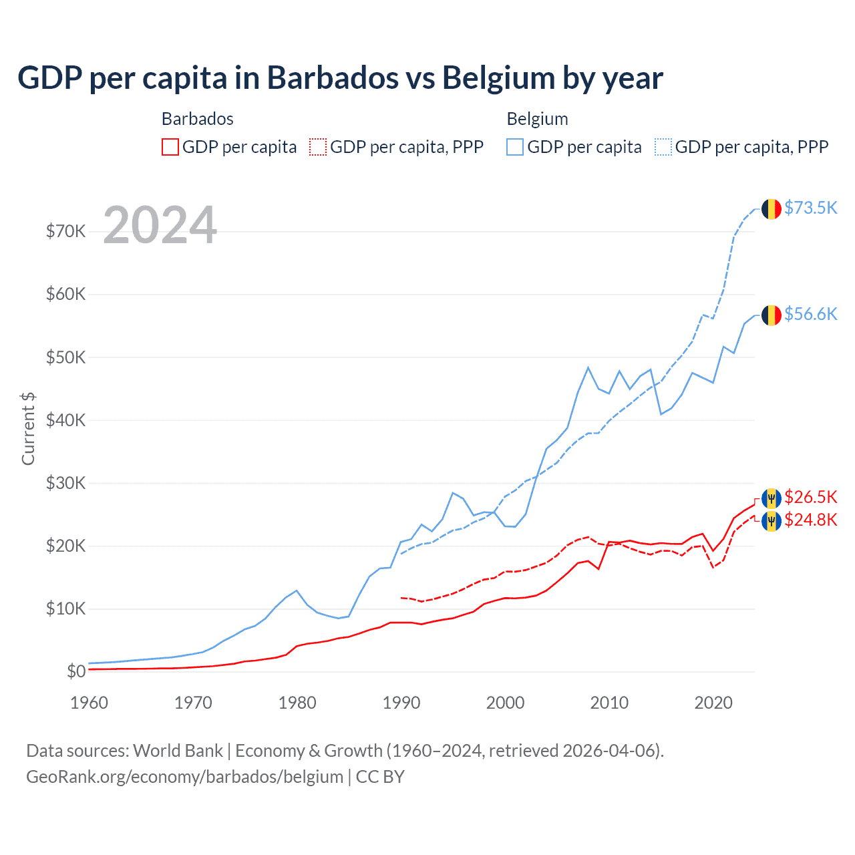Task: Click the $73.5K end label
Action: (810, 208)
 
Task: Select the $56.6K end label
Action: (810, 314)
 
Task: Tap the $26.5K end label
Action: (810, 497)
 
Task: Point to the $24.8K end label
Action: (810, 520)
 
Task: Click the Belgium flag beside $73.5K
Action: (772, 208)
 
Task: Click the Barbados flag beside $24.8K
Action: (772, 520)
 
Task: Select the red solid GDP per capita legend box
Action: (170, 147)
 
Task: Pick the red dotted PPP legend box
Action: (318, 147)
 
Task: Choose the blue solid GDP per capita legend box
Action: (515, 147)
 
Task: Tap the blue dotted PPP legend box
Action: (663, 147)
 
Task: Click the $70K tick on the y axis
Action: (65, 232)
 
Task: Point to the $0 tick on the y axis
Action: (76, 672)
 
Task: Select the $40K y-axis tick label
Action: (65, 420)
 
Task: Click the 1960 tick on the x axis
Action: (89, 703)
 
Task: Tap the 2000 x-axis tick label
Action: (505, 703)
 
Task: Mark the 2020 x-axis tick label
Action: (713, 703)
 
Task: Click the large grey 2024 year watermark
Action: (160, 225)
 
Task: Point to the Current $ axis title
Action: (28, 428)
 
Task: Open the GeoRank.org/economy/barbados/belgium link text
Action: (184, 777)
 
